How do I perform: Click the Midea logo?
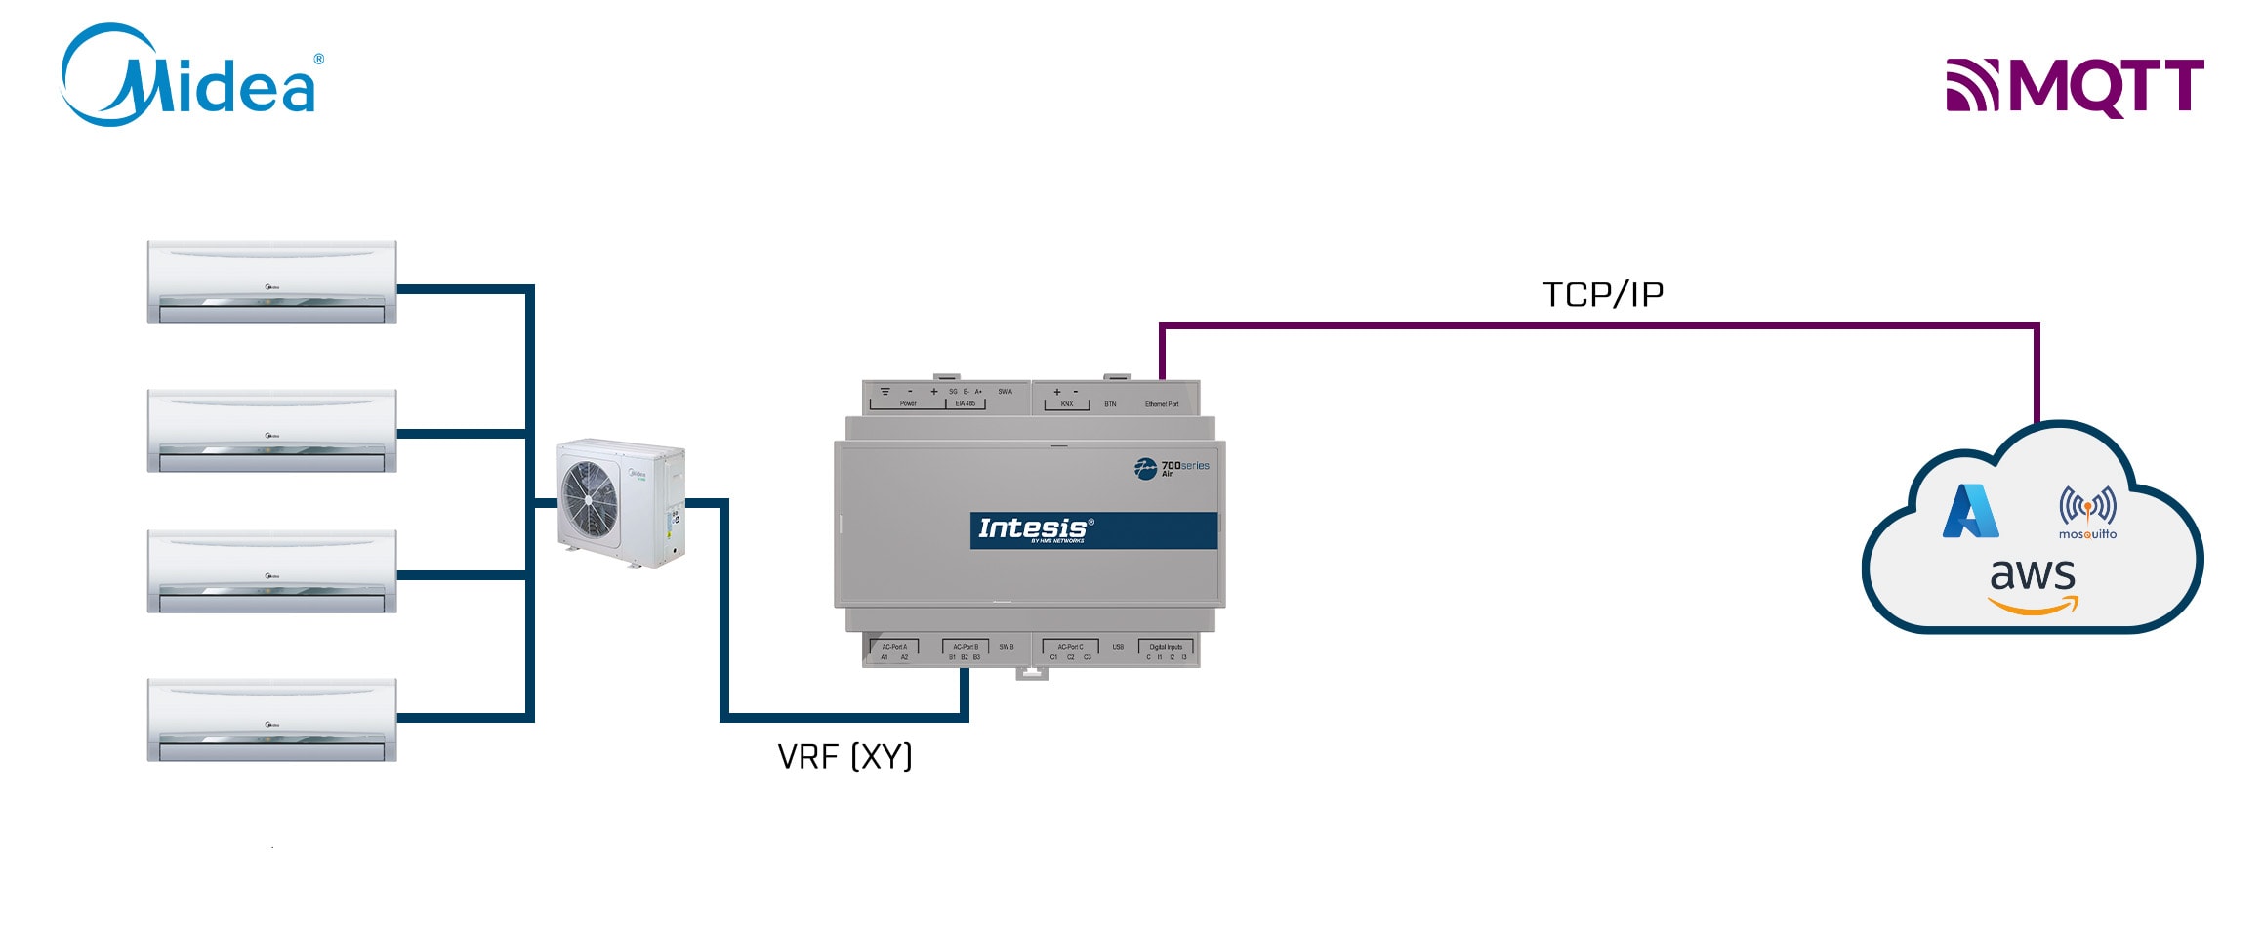(x=191, y=76)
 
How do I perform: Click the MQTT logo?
(x=2075, y=87)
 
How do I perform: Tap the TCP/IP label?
(x=1602, y=294)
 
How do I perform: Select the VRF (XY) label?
(x=844, y=756)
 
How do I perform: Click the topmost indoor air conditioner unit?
(x=271, y=282)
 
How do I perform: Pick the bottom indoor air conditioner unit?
(x=271, y=720)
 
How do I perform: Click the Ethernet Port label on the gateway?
(x=1162, y=404)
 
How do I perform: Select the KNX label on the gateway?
(x=1067, y=404)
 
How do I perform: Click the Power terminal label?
(x=908, y=403)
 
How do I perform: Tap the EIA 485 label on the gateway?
(x=965, y=403)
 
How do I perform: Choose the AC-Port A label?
(x=894, y=647)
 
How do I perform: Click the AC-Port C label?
(x=1070, y=647)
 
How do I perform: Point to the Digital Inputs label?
(x=1166, y=647)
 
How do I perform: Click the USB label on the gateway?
(x=1118, y=647)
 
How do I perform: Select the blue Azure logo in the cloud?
(x=1970, y=512)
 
